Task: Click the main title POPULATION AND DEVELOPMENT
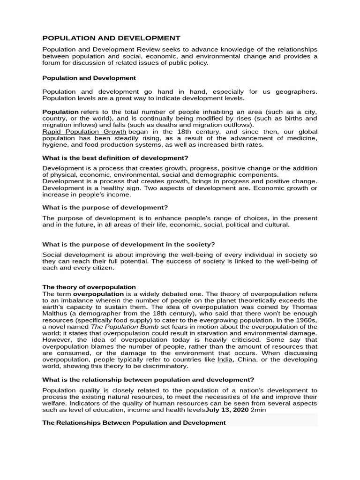click(111, 38)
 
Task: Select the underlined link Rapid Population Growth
click(84, 132)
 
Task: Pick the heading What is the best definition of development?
click(115, 158)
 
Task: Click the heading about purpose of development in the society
click(128, 244)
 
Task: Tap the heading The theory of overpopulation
click(89, 287)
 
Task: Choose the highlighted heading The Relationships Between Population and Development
click(134, 422)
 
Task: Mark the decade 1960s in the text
click(304, 320)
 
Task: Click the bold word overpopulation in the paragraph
click(99, 294)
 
